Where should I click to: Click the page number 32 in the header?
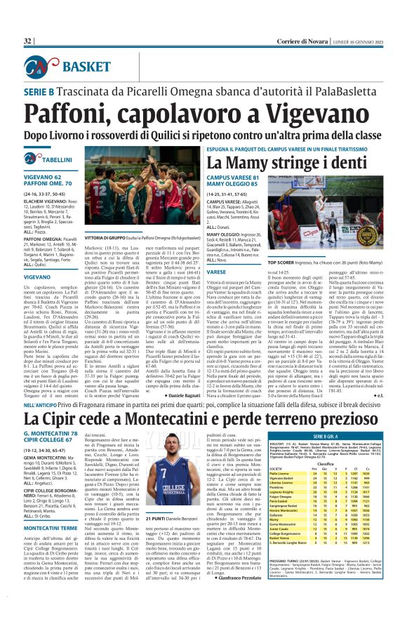pyautogui.click(x=28, y=42)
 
